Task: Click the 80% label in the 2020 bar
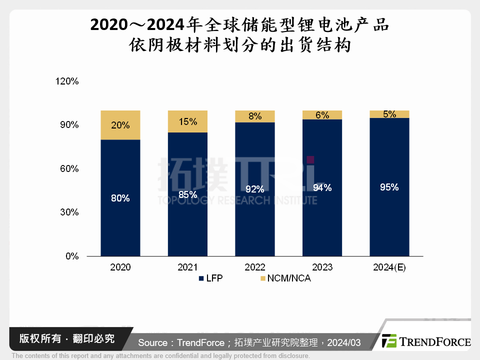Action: pos(120,198)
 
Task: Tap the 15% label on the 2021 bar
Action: pos(187,121)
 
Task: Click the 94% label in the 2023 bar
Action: pos(322,187)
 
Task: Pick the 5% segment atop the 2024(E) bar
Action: pos(389,114)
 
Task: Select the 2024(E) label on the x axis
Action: pos(389,267)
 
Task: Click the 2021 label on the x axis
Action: pos(187,267)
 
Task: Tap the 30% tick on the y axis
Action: pos(69,212)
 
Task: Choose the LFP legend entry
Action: pos(210,278)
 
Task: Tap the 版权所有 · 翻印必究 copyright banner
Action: pos(66,338)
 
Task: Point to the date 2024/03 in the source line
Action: pos(344,342)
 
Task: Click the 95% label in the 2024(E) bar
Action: pos(389,187)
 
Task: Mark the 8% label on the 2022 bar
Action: pos(255,116)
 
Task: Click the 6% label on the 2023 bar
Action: pos(322,115)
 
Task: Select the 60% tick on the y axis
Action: pos(69,168)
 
